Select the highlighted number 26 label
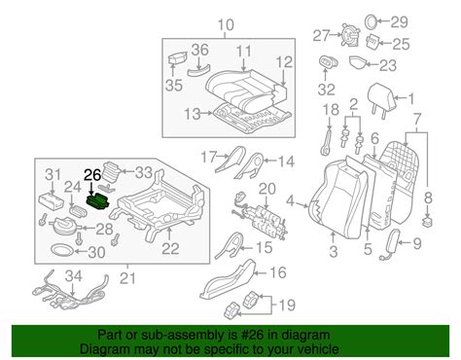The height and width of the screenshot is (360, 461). click(x=92, y=175)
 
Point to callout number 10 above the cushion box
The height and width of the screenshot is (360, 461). click(x=226, y=24)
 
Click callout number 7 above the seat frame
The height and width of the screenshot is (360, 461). click(x=420, y=118)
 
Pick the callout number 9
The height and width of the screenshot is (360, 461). click(x=419, y=243)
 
